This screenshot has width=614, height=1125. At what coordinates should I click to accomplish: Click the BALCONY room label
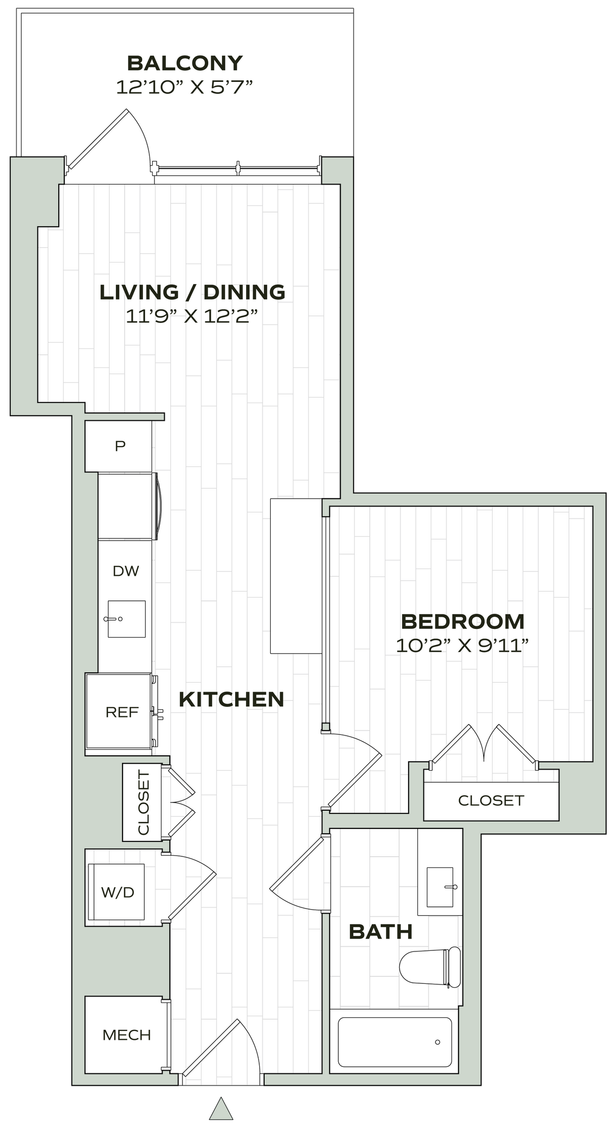[x=185, y=63]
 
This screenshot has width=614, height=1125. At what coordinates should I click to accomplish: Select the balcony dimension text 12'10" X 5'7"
[x=185, y=87]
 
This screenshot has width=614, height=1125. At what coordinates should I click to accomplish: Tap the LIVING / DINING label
[x=192, y=292]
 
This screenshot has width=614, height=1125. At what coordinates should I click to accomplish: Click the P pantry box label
[x=120, y=446]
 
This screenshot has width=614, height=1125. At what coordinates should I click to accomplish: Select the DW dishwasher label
[x=126, y=571]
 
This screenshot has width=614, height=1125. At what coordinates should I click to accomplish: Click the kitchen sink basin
[x=127, y=619]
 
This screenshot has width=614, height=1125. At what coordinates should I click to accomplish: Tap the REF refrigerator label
[x=122, y=712]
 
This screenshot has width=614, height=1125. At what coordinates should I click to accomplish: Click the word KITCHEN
[x=232, y=699]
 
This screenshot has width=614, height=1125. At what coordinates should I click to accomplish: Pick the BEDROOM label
[x=463, y=621]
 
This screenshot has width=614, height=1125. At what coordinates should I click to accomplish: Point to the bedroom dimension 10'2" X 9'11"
[x=462, y=645]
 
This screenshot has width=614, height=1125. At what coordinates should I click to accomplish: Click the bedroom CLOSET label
[x=491, y=800]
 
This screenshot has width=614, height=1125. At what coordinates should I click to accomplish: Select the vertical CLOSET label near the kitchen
[x=143, y=803]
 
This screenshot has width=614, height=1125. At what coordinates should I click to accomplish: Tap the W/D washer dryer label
[x=118, y=892]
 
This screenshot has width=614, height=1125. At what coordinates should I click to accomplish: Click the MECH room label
[x=126, y=1035]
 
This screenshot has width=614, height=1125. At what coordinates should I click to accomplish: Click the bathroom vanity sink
[x=440, y=887]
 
